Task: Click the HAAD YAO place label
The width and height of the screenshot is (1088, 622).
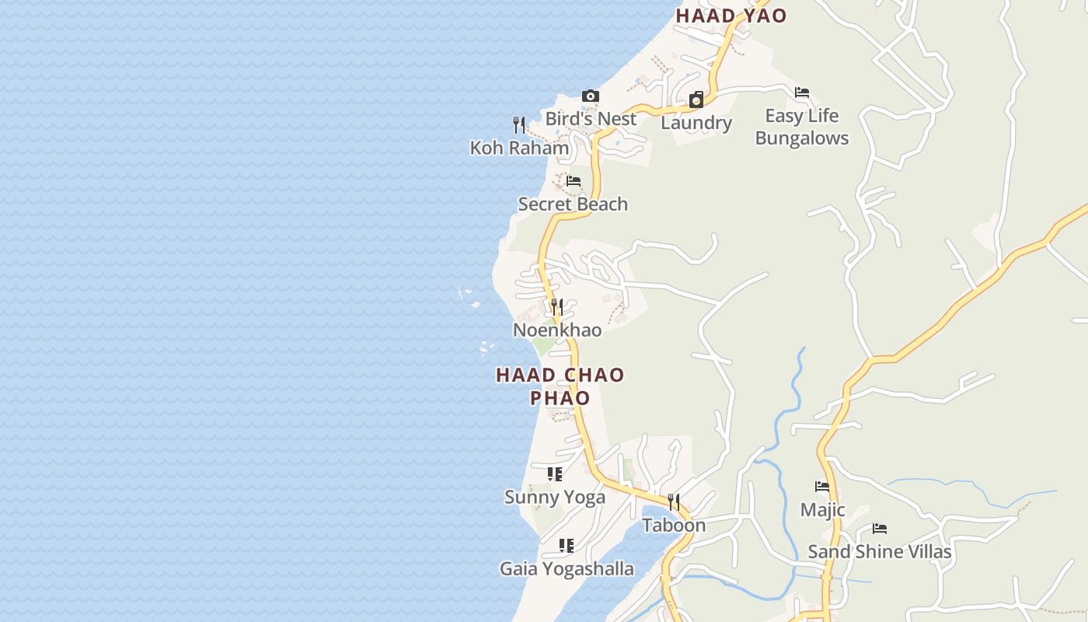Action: point(731,16)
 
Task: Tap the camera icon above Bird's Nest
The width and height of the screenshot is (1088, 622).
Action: point(591,96)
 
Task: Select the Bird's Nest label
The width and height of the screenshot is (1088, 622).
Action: point(591,119)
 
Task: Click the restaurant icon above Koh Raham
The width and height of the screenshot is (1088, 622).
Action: point(519,124)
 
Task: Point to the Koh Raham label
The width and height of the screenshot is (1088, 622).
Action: point(519,148)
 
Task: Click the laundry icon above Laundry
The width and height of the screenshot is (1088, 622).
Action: point(696,100)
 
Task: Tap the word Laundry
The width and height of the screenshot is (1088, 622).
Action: point(696,123)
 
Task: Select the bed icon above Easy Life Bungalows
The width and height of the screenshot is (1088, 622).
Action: point(802,93)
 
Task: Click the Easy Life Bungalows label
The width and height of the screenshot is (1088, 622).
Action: point(802,127)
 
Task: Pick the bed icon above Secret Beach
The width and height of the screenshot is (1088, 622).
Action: point(574,181)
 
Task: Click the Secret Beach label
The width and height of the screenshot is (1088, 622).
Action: point(573,204)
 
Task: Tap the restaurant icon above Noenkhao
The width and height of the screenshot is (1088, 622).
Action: point(556,307)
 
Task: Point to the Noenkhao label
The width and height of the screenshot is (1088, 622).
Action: point(557,330)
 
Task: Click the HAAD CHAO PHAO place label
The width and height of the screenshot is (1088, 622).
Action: point(560,386)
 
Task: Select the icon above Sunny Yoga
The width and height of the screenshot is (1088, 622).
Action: point(554,473)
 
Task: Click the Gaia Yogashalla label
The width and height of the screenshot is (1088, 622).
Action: point(567,568)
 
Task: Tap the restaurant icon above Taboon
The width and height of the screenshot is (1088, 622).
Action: point(674,502)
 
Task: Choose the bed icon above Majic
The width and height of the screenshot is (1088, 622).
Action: point(822,487)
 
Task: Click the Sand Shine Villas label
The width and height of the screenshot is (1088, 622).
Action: point(879,551)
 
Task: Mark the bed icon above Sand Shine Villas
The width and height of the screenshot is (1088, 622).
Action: point(880,529)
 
